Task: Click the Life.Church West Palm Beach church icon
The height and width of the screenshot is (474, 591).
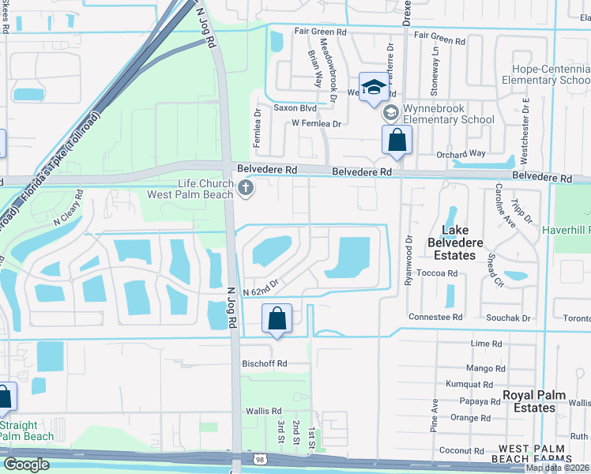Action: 246,188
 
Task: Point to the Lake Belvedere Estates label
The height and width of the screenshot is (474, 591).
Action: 459,243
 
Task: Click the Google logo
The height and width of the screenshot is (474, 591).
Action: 27,465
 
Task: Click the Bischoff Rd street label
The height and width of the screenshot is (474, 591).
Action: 264,363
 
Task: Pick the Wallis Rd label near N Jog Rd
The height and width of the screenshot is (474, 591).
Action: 264,411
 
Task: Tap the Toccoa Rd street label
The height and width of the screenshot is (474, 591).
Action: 440,273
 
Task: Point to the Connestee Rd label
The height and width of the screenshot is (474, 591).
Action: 435,317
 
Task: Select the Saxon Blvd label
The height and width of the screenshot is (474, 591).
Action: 295,107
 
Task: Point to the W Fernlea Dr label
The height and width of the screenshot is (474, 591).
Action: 316,123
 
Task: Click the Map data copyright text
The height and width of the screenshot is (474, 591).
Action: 558,468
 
